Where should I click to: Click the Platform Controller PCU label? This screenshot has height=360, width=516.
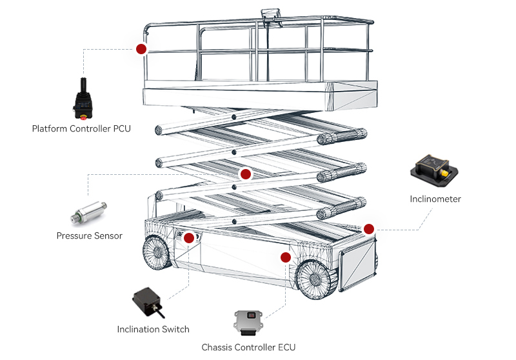tap(81, 128)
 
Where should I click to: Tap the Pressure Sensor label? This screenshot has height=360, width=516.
tap(89, 235)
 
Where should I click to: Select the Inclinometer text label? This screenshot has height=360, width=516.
tap(435, 199)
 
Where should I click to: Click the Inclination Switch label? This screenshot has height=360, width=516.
tap(153, 329)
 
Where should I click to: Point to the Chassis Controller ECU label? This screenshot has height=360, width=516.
tap(248, 347)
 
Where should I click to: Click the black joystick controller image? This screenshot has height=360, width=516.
tap(83, 100)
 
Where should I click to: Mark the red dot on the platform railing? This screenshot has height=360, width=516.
tap(141, 48)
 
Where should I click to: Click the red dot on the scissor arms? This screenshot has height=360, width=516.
tap(244, 174)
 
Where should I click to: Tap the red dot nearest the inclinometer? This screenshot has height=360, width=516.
tap(369, 228)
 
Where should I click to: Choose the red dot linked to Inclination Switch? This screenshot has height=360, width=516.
tap(189, 237)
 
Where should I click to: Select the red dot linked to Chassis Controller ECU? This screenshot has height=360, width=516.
tap(286, 257)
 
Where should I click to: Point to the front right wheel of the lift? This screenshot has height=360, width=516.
tap(315, 278)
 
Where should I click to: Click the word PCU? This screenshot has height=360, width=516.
tap(121, 128)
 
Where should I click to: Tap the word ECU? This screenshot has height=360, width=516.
tap(285, 347)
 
